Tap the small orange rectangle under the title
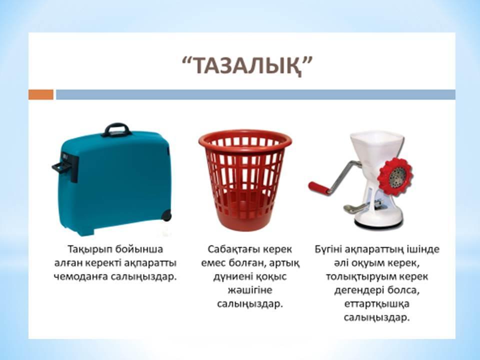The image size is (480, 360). [x=40, y=94]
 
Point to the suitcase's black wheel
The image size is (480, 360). [x=166, y=215]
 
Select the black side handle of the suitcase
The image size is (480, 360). [x=64, y=167]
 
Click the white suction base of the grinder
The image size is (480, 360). [x=378, y=220]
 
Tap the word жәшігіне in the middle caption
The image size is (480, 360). [x=250, y=290]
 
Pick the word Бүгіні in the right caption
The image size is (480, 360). [x=328, y=249]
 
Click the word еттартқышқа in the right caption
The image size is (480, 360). [x=376, y=304]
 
